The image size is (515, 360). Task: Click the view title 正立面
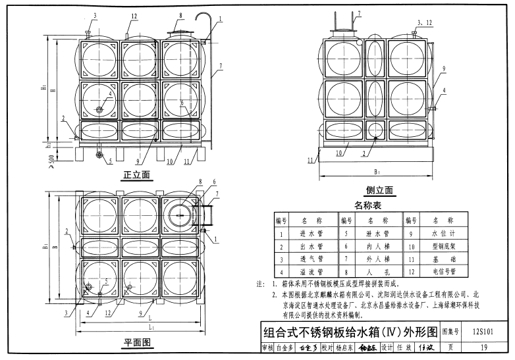[138, 176]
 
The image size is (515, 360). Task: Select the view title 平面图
[138, 342]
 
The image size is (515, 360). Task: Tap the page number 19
[483, 347]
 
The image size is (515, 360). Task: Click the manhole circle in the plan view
[179, 215]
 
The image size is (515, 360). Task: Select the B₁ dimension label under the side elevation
[377, 172]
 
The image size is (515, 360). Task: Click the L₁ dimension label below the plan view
[151, 327]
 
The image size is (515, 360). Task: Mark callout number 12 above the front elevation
[134, 16]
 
